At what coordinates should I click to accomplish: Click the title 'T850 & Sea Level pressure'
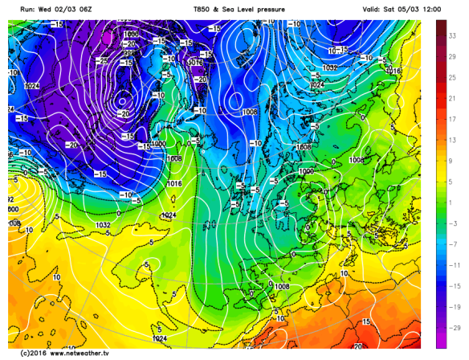(x=234, y=8)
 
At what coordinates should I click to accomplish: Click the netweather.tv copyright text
(x=58, y=353)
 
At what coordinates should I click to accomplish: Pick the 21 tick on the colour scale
(x=454, y=99)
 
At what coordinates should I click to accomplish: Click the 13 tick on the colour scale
(x=454, y=140)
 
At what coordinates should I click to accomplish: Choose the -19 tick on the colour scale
(x=454, y=307)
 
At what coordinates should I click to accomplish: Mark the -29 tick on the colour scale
(x=454, y=328)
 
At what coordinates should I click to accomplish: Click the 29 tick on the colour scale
(x=454, y=57)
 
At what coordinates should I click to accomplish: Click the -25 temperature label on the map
(x=101, y=60)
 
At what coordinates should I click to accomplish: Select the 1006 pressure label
(x=131, y=35)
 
